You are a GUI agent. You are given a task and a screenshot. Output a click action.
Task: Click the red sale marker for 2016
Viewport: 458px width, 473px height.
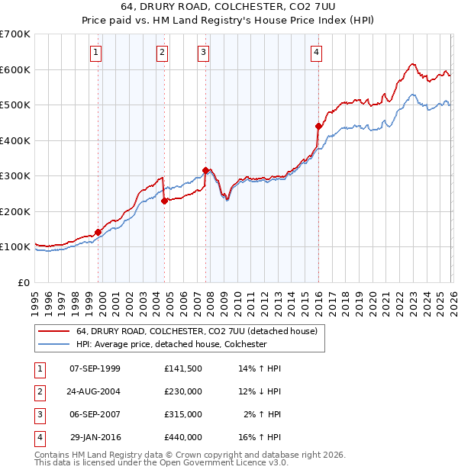[x=318, y=126]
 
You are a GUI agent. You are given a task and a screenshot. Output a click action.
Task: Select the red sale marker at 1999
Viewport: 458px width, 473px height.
[x=98, y=232]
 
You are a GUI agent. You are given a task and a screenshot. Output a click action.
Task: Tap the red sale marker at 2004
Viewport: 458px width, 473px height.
[x=164, y=201]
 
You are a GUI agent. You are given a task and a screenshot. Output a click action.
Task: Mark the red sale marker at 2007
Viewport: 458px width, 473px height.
[x=205, y=170]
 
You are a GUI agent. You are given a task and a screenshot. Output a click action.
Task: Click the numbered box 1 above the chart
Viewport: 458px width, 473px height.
[x=95, y=53]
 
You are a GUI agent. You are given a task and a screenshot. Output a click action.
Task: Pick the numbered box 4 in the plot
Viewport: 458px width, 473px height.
[x=316, y=53]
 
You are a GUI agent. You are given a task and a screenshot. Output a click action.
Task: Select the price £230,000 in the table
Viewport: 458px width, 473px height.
[x=182, y=391]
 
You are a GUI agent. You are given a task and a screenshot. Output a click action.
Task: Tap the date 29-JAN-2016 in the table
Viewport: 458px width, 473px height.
[x=95, y=437]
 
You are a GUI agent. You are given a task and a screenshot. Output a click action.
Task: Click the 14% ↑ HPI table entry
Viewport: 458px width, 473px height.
[x=260, y=368]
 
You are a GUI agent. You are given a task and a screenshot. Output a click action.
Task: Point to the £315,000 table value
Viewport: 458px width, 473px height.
[x=182, y=414]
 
